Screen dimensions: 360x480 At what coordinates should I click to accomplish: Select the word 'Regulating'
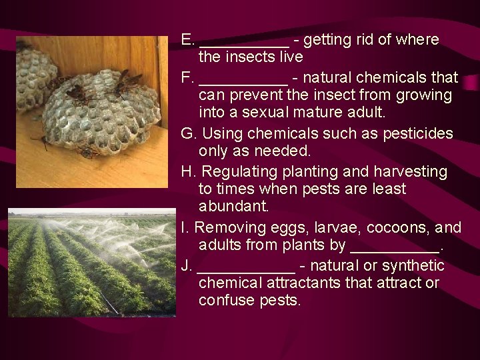coord(233,171)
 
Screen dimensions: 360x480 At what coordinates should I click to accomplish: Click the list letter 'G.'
coord(188,133)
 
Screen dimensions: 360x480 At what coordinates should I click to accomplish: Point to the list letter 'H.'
coord(188,171)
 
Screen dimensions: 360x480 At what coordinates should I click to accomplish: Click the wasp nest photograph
coord(92,112)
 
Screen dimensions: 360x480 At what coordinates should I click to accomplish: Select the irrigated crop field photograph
coord(92,264)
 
